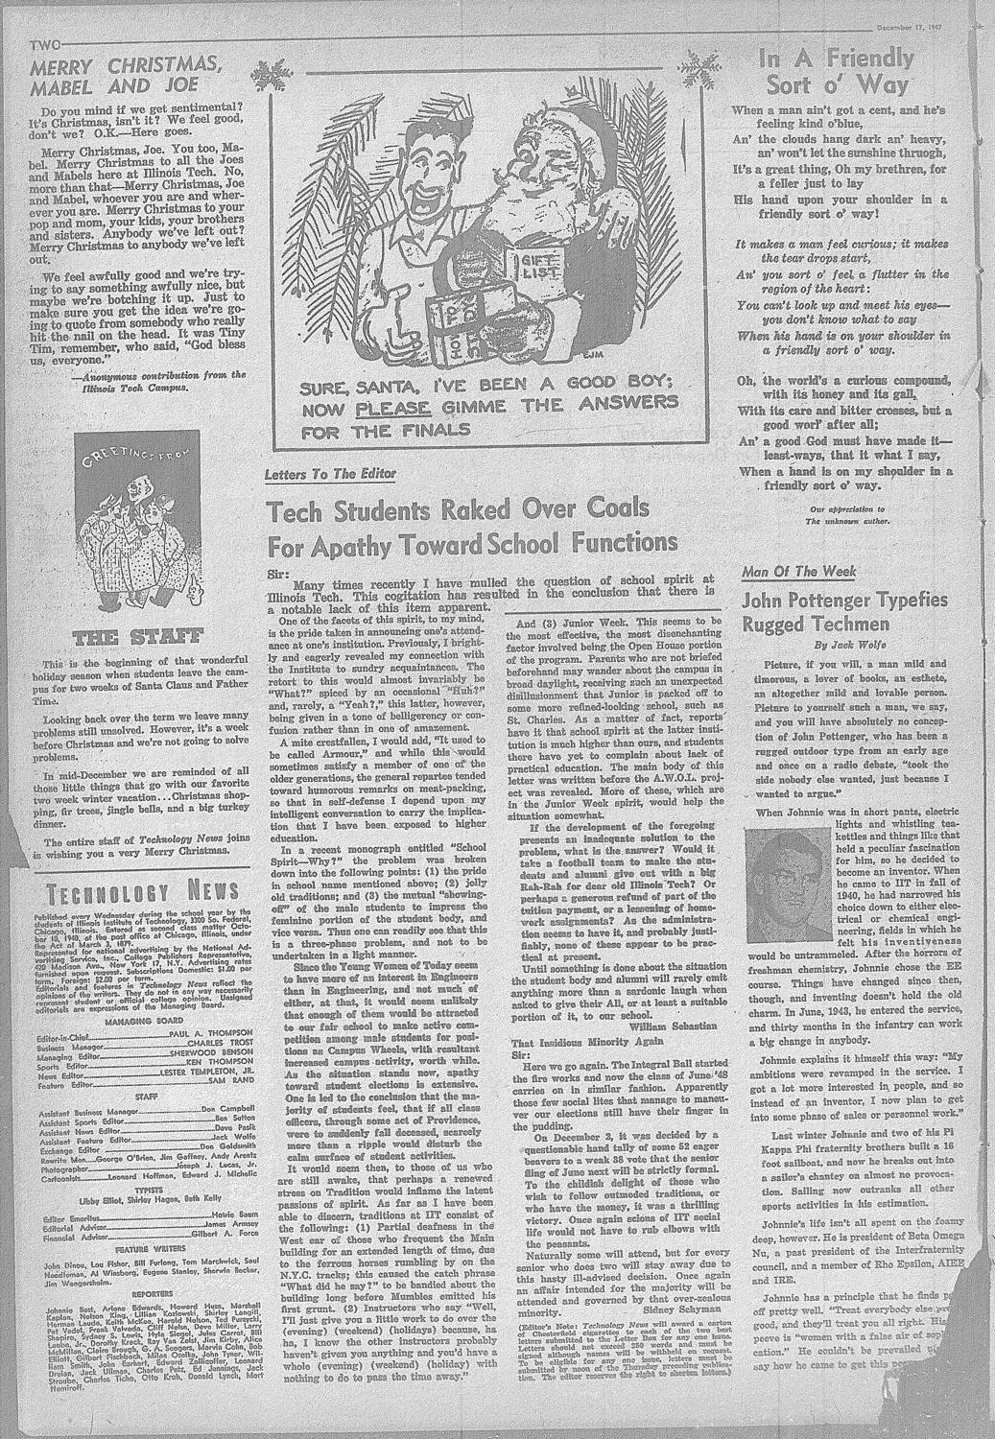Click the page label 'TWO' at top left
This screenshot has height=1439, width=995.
click(47, 45)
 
